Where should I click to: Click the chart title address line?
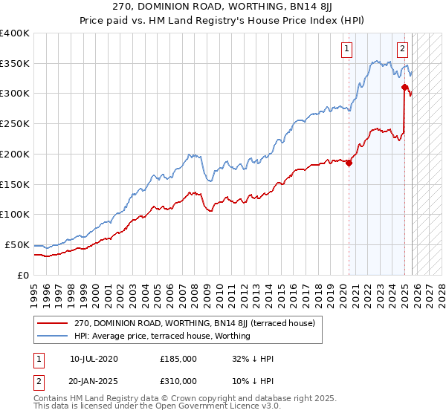223,6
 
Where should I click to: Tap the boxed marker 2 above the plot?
402,50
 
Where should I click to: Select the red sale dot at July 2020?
349,163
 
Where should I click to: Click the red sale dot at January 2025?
404,88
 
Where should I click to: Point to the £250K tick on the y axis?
15,123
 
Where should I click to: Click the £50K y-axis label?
16,244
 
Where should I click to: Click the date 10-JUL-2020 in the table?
94,359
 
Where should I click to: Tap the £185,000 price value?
178,359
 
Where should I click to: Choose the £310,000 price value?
178,380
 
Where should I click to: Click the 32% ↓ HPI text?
253,359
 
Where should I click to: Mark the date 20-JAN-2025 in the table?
94,380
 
